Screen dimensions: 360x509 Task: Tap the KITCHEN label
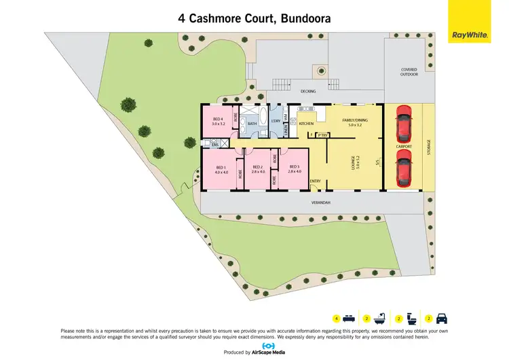pyautogui.click(x=307, y=124)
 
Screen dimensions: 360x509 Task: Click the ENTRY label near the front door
pyautogui.click(x=316, y=181)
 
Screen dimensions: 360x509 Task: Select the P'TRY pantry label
pyautogui.click(x=322, y=135)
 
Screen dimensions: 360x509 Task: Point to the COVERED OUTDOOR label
pyautogui.click(x=409, y=72)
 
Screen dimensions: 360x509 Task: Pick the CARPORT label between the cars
pyautogui.click(x=404, y=145)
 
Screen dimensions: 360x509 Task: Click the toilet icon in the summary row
pyautogui.click(x=411, y=318)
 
